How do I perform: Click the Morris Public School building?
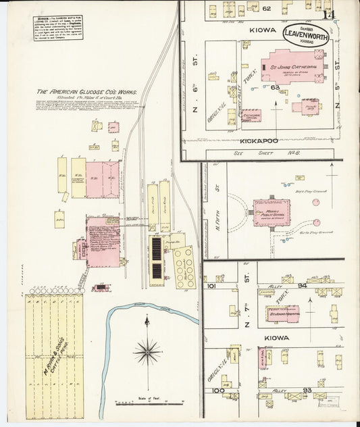(x=272, y=212)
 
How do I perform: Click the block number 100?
(x=217, y=391)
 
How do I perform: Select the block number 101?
(x=211, y=286)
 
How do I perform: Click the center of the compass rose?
(x=147, y=351)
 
